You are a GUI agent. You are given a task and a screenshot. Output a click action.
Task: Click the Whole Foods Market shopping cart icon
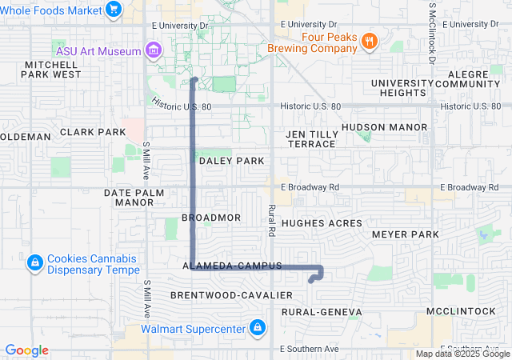pyautogui.click(x=114, y=10)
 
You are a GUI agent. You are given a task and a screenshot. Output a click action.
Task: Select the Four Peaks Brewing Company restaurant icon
pyautogui.click(x=369, y=42)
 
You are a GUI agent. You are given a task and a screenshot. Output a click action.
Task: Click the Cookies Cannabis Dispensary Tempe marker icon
pyautogui.click(x=34, y=263)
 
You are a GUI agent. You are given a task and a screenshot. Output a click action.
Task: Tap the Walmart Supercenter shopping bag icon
pyautogui.click(x=257, y=328)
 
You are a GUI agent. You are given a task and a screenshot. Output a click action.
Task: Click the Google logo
pyautogui.click(x=26, y=350)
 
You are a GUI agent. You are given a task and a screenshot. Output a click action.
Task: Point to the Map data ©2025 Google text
pyautogui.click(x=462, y=354)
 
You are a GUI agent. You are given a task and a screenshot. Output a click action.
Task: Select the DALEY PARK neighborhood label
pyautogui.click(x=231, y=161)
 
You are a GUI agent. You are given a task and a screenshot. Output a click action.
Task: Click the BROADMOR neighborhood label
pyautogui.click(x=211, y=218)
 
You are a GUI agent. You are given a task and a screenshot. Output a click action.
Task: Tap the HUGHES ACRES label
pyautogui.click(x=322, y=223)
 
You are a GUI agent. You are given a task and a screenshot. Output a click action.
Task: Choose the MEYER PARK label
pyautogui.click(x=406, y=234)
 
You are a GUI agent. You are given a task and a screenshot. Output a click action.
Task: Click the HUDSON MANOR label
pyautogui.click(x=373, y=127)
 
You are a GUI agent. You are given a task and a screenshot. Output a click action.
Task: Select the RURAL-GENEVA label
pyautogui.click(x=322, y=312)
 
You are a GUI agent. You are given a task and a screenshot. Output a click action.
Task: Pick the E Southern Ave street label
pyautogui.click(x=310, y=349)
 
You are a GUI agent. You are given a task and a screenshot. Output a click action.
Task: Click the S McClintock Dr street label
pyautogui.click(x=430, y=32)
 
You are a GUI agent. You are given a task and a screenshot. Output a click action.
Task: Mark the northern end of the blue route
pyautogui.click(x=194, y=79)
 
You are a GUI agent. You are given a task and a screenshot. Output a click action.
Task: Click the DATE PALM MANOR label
pyautogui.click(x=134, y=198)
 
